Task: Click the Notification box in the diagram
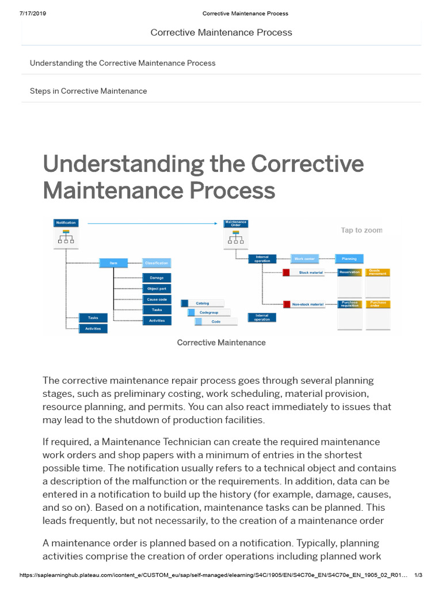(65, 223)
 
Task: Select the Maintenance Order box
(235, 223)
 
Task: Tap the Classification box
(157, 263)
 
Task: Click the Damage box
(157, 278)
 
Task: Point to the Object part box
(157, 289)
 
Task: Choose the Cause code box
(157, 299)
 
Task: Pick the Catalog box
(202, 303)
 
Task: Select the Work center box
(305, 259)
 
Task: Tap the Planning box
(349, 259)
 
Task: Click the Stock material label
(311, 272)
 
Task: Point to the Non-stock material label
(307, 304)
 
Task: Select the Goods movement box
(378, 272)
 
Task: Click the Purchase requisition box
(349, 304)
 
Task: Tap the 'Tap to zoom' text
(361, 230)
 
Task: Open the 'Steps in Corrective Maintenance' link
(88, 91)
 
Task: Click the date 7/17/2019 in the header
(33, 13)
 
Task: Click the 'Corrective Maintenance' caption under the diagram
(221, 343)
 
